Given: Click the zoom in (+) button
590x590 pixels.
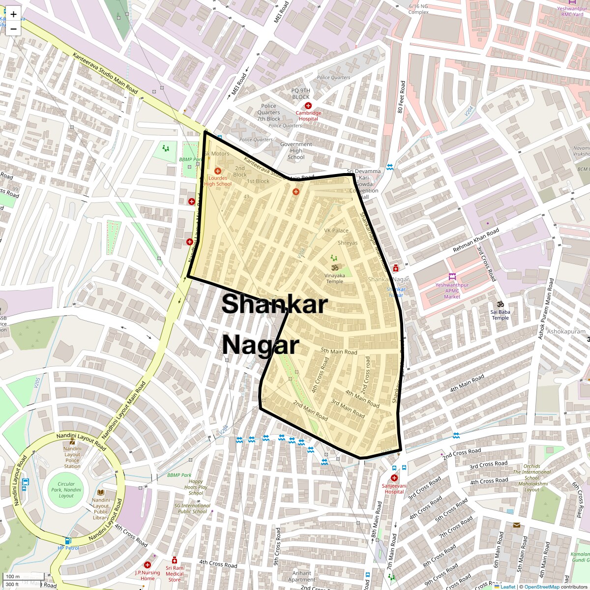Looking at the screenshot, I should click(13, 14).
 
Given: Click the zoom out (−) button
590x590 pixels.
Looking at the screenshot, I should click(13, 29).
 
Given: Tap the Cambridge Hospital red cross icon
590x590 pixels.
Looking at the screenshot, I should click(308, 106).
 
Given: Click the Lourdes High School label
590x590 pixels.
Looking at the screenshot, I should click(217, 181).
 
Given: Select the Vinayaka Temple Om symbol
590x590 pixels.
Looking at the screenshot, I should click(334, 267).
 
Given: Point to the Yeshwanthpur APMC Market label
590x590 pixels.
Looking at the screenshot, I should click(452, 291).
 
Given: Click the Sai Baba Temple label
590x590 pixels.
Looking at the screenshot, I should click(500, 315).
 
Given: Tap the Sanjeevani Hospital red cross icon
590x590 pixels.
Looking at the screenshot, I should click(394, 478).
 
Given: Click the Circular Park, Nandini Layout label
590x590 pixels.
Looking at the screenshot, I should click(66, 490).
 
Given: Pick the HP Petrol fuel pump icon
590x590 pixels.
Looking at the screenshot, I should click(68, 541).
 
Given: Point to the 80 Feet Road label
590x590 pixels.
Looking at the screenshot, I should click(402, 97).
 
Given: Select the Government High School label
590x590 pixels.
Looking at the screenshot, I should click(296, 151).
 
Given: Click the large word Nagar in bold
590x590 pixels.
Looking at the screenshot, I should click(260, 345).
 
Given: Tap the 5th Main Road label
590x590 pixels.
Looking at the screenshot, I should click(339, 351).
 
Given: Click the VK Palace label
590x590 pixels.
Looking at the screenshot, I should click(336, 230).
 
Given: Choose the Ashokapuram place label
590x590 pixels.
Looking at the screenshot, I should click(566, 331).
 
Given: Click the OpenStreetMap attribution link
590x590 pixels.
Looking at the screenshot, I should click(541, 587).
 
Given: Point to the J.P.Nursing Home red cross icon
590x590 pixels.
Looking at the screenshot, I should click(147, 565).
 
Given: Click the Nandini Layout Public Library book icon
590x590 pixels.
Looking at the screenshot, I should click(101, 492).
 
